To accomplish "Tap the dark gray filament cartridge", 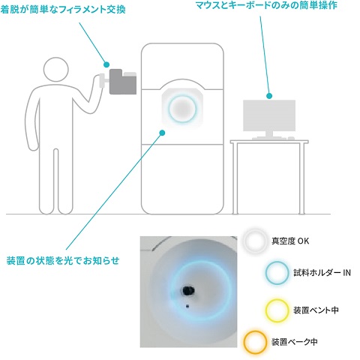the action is click(x=122, y=82).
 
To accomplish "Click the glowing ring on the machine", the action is click(x=169, y=108).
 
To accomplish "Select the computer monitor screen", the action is click(x=269, y=115).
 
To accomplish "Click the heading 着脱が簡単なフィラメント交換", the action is click(x=63, y=10).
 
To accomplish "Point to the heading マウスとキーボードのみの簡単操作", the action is click(x=266, y=5).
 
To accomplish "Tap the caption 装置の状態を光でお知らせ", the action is click(x=63, y=261).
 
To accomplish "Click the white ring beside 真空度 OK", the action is click(x=245, y=241).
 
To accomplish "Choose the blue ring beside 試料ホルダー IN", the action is click(x=267, y=273).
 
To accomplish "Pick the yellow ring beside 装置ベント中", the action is click(x=267, y=310).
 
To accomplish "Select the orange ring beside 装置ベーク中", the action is click(x=245, y=342).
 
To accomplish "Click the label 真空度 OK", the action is click(x=290, y=241).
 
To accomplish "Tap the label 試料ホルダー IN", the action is click(x=322, y=272).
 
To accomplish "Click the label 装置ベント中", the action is click(x=316, y=310).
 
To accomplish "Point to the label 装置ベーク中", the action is click(x=295, y=342).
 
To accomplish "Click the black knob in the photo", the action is click(x=188, y=290).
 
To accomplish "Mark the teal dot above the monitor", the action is click(x=269, y=96).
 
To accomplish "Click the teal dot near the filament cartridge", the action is click(x=106, y=64).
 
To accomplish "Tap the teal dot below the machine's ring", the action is click(x=162, y=133).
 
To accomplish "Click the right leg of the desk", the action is click(x=301, y=178).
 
